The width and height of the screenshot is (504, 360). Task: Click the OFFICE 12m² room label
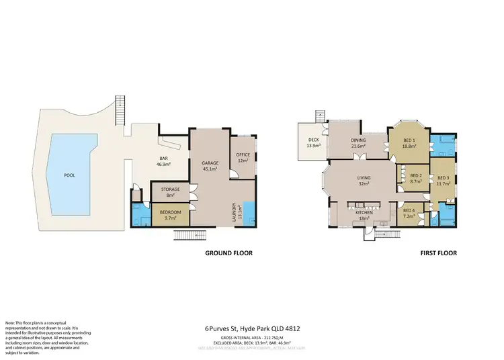243,158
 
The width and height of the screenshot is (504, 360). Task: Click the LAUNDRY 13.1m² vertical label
235,213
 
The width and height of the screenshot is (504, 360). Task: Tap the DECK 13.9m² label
313,143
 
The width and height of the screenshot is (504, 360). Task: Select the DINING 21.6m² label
358,143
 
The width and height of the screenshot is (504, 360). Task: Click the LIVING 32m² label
364,181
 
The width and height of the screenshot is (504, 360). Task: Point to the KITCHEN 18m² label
364,215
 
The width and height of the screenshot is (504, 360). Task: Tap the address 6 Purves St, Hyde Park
252,329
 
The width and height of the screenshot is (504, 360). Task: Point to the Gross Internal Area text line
252,338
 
